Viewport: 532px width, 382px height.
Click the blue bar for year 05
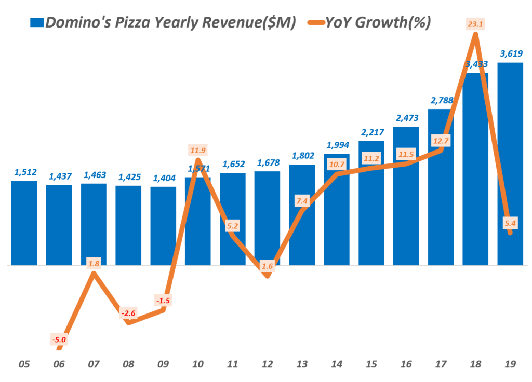tap(24, 223)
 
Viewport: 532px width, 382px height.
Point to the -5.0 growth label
tap(59, 340)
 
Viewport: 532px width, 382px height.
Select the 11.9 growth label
tap(197, 151)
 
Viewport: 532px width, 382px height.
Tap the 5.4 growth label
tap(510, 224)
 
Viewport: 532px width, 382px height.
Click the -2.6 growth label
tap(128, 313)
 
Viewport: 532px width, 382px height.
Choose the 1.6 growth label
tap(267, 266)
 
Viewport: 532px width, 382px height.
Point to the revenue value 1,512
tap(24, 173)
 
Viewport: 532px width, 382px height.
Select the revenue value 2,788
tap(441, 100)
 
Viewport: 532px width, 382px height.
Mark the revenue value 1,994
tap(337, 145)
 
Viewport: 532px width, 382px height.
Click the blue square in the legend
tap(37, 22)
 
